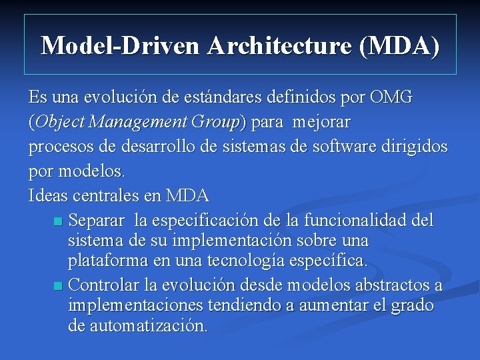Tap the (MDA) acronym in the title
click(399, 45)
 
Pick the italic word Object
click(59, 122)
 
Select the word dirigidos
click(418, 146)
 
